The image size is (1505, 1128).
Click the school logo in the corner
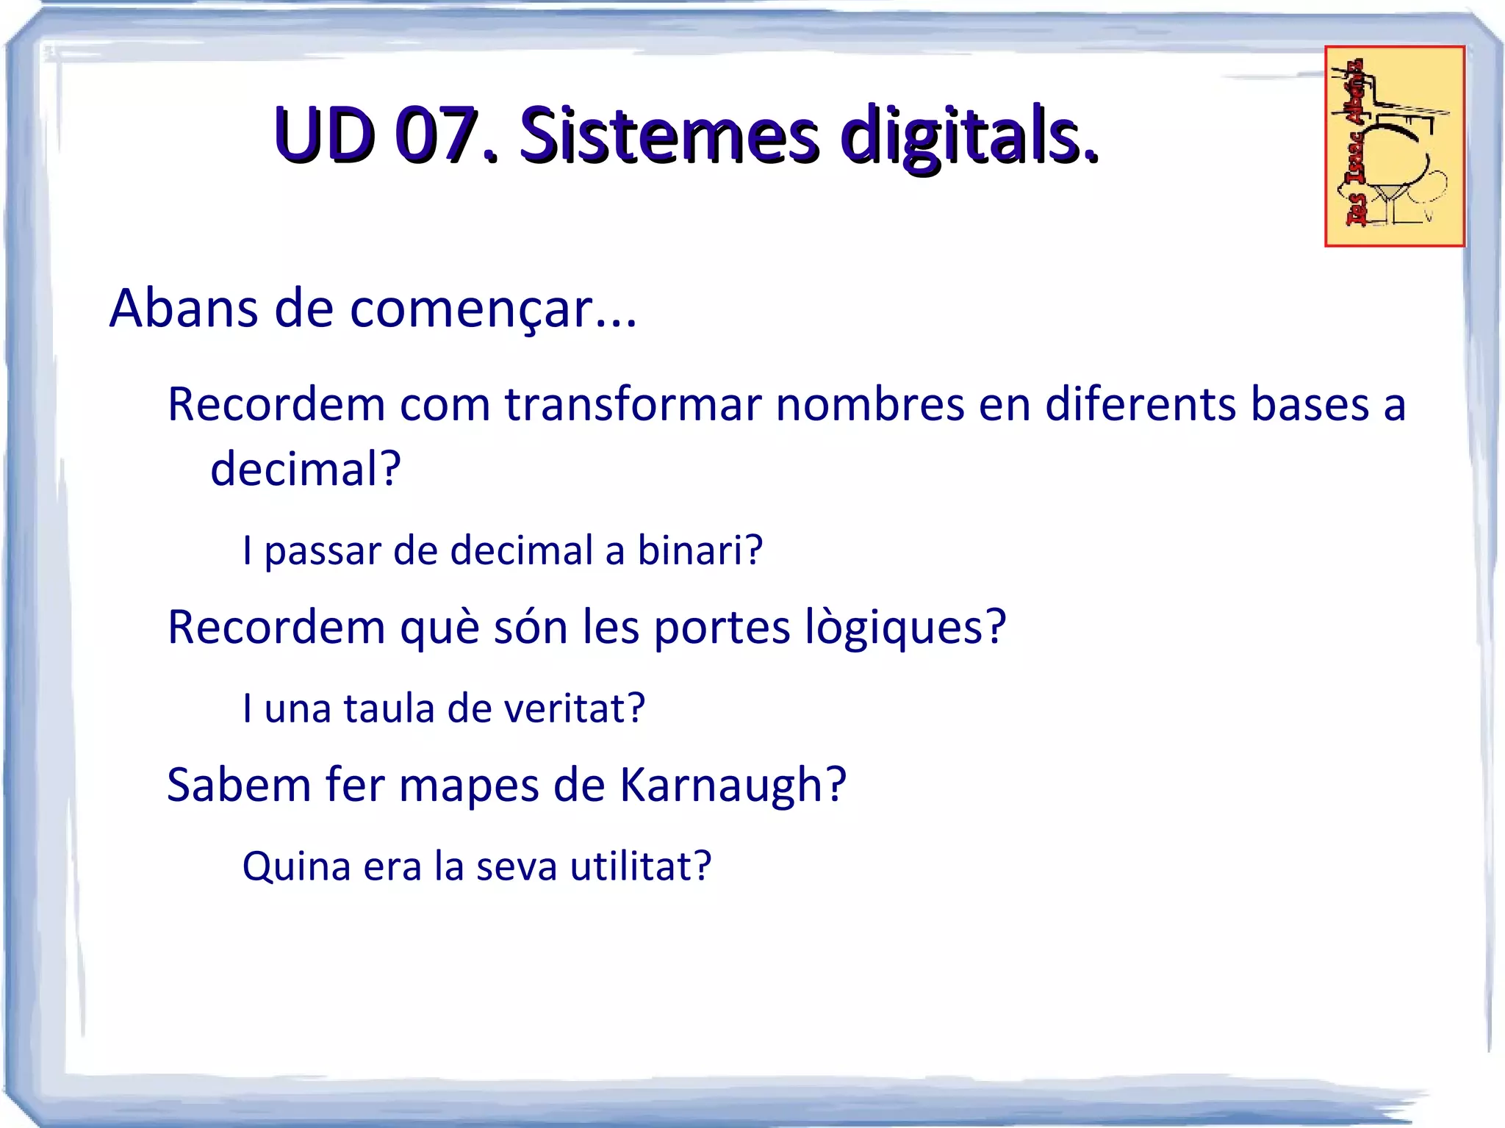(1394, 146)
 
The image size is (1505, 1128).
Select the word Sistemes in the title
(669, 136)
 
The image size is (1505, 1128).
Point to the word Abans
(184, 308)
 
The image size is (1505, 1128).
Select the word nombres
(869, 404)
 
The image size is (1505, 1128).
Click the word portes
(722, 628)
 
